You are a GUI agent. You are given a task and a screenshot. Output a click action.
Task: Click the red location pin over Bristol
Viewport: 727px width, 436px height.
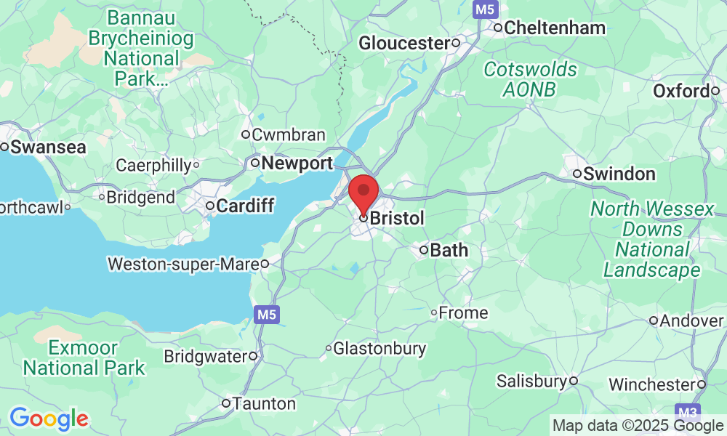363,192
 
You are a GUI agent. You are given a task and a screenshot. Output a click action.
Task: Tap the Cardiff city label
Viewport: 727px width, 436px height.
245,206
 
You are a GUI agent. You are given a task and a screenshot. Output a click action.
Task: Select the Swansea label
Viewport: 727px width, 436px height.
48,147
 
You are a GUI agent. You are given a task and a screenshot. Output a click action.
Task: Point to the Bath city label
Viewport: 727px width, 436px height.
449,251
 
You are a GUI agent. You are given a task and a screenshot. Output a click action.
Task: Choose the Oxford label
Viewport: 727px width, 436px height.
680,92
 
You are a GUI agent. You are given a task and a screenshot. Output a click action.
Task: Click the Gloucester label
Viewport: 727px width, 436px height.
405,44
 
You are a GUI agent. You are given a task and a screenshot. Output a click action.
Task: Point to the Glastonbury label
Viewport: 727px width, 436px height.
379,349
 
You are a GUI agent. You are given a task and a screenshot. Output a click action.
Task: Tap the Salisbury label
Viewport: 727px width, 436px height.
531,381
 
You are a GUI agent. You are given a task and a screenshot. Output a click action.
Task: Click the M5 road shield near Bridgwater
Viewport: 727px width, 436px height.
266,315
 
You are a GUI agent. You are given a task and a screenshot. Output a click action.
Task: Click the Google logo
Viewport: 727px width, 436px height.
49,419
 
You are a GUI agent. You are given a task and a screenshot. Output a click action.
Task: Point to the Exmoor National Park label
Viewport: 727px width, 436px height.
84,358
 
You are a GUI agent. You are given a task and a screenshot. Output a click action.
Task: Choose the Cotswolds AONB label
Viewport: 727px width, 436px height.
531,79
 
